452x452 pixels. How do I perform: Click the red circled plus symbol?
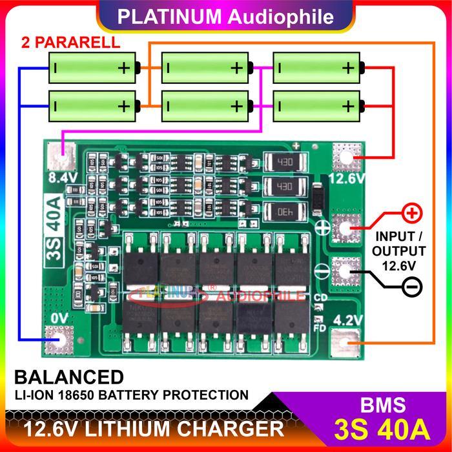pos(411,212)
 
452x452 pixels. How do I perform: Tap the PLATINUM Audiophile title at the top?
pos(225,14)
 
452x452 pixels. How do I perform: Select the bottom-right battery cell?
pos(317,105)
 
